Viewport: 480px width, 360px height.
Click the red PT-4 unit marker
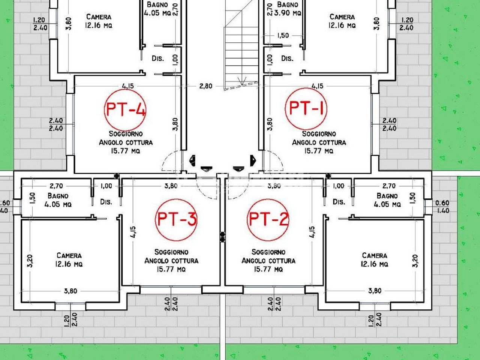pyautogui.click(x=125, y=110)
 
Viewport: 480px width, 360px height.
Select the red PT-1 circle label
pyautogui.click(x=306, y=109)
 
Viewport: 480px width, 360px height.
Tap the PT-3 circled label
pyautogui.click(x=176, y=220)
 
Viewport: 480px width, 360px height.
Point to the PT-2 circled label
pyautogui.click(x=268, y=220)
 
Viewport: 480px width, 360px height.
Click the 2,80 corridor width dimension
pyautogui.click(x=205, y=86)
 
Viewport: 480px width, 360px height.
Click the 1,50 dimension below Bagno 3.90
pyautogui.click(x=283, y=35)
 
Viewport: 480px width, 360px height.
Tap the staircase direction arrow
pyautogui.click(x=242, y=81)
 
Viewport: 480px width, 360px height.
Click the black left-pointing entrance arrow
pyautogui.click(x=192, y=160)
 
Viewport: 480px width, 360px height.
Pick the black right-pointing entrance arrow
pyautogui.click(x=253, y=160)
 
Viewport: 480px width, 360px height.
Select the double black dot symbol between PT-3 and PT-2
pyautogui.click(x=222, y=237)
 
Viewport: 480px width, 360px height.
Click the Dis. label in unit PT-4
pyautogui.click(x=158, y=58)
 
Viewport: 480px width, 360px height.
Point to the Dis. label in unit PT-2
pyautogui.click(x=339, y=202)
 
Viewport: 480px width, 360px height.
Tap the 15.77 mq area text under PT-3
pyautogui.click(x=171, y=269)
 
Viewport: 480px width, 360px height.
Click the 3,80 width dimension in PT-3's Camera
pyautogui.click(x=70, y=291)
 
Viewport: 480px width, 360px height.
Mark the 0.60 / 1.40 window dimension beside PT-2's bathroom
pyautogui.click(x=442, y=207)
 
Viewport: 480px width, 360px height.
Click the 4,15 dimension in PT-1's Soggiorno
pyautogui.click(x=317, y=86)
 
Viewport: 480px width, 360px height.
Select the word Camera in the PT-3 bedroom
pyautogui.click(x=69, y=255)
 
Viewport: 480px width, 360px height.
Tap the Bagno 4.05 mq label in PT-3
pyautogui.click(x=58, y=200)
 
